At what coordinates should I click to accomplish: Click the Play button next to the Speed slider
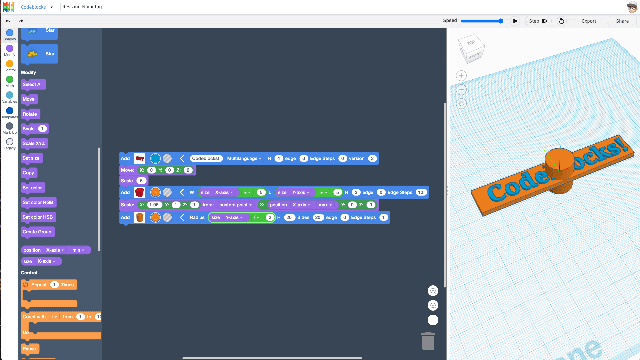click(515, 21)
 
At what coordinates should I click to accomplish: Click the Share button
click(622, 21)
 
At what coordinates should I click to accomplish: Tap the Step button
click(538, 21)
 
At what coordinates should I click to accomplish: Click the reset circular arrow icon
click(562, 21)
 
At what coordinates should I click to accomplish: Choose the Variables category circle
click(10, 95)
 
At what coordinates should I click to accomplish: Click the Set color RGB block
click(38, 202)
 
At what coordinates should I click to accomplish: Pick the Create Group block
click(37, 232)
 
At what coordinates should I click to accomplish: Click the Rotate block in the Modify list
click(30, 114)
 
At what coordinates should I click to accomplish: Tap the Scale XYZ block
click(34, 143)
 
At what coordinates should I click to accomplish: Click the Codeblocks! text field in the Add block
click(205, 158)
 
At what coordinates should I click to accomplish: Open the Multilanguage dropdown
click(244, 158)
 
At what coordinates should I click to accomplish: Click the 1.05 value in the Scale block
click(154, 205)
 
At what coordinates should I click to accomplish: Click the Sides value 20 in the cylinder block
click(318, 217)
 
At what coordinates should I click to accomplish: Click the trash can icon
click(428, 341)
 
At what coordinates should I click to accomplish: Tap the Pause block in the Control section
click(30, 349)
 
